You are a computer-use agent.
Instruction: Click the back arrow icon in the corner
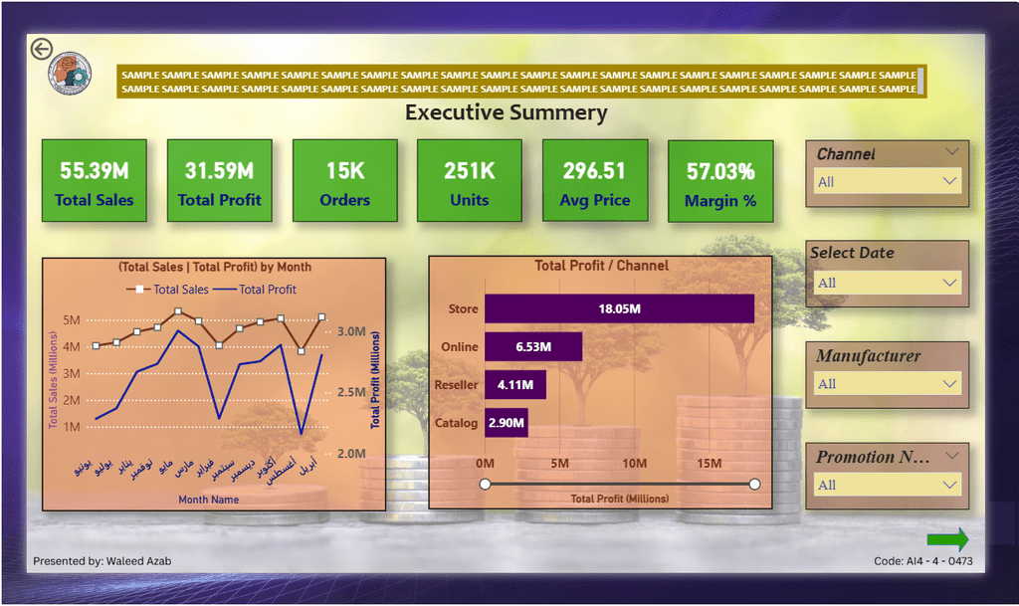point(41,49)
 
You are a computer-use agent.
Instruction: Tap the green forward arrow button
point(947,539)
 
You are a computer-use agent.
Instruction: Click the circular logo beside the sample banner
point(70,74)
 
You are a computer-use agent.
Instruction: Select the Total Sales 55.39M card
point(95,180)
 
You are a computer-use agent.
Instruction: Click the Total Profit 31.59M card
point(219,180)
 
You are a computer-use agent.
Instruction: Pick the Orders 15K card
point(344,180)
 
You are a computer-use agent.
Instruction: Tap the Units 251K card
point(470,180)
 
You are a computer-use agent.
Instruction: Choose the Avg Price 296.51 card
point(595,180)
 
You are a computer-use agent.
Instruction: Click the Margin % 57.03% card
point(720,180)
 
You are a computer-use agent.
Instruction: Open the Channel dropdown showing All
point(887,182)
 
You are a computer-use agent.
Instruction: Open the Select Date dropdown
point(887,283)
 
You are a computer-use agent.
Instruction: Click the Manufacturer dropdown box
point(887,384)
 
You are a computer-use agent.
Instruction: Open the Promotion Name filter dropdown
point(887,486)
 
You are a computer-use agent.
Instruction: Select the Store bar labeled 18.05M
point(619,308)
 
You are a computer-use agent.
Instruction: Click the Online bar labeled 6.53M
point(533,346)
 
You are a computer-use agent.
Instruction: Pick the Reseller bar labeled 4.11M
point(515,384)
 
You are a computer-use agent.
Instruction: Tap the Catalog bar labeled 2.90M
point(507,423)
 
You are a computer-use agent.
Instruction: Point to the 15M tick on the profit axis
point(710,464)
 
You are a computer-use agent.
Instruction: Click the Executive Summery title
point(506,112)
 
